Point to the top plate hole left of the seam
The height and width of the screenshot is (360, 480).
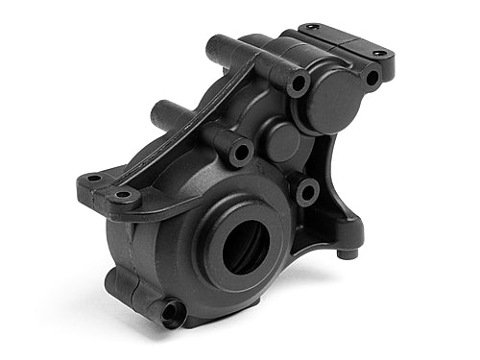[314, 29]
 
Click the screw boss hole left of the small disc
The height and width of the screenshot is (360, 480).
[240, 151]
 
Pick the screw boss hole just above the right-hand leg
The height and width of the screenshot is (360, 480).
[307, 192]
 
